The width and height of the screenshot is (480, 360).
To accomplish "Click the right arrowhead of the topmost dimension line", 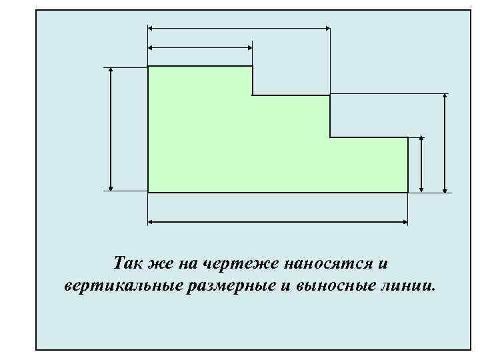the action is point(327,28).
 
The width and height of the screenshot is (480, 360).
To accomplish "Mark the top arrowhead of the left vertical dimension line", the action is point(111,70).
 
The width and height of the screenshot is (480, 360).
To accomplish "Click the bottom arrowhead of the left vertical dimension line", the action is point(111,188).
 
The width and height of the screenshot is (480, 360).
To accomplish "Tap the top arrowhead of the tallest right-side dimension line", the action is point(445,97).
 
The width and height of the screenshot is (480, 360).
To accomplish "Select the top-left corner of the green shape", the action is point(148,67).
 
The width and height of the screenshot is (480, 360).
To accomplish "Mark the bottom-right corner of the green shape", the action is point(407,192).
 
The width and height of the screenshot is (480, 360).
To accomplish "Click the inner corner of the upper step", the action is point(253,95).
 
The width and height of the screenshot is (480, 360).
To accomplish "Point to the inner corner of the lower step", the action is point(330,137).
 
